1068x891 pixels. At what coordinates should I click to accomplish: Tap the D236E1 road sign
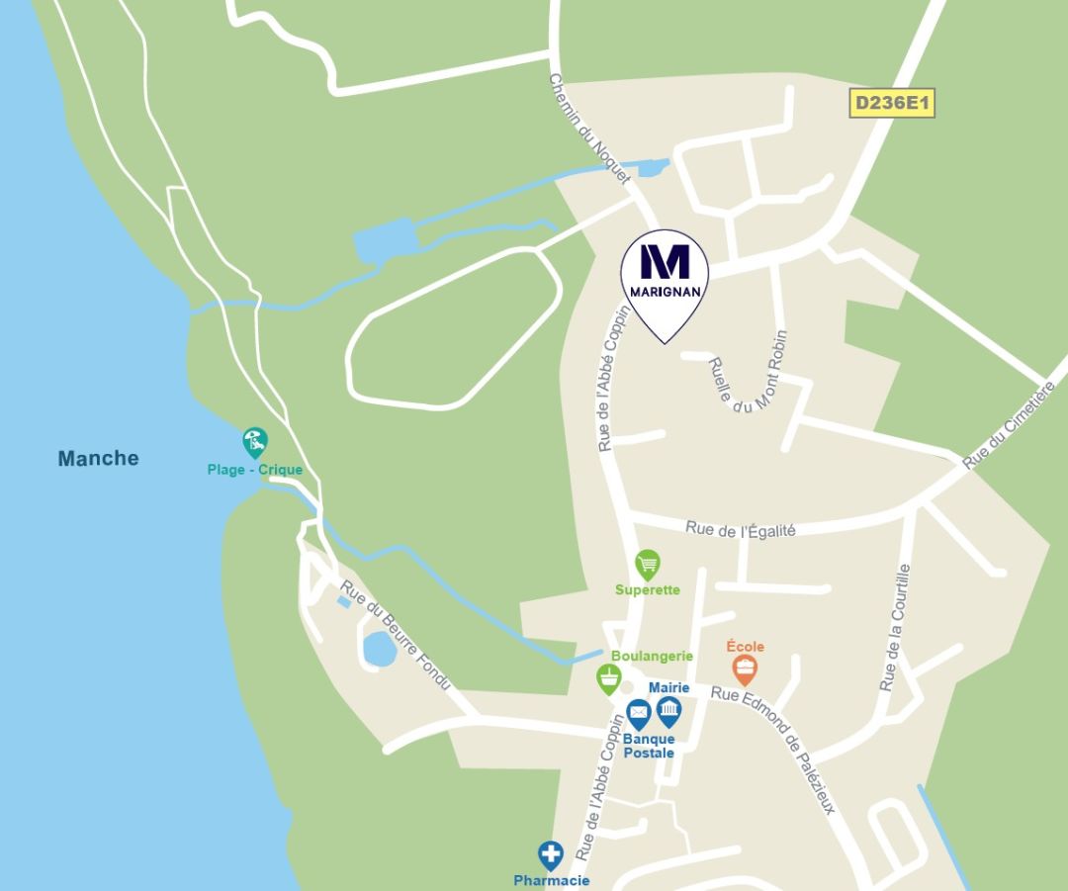pos(893,103)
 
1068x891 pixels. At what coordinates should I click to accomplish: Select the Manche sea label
pos(98,458)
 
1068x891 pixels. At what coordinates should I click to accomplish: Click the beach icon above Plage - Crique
pos(254,441)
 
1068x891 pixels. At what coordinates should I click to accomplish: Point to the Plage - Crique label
pos(255,470)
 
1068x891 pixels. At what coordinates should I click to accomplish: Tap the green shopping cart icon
pos(648,565)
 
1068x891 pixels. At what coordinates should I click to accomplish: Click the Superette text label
pos(648,590)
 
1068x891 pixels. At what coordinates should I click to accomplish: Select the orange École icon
pos(745,669)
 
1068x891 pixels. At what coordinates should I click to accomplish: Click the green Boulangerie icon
pos(609,678)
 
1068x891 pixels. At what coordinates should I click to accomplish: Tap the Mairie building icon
pos(669,711)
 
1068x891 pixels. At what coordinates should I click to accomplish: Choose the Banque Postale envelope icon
pos(639,712)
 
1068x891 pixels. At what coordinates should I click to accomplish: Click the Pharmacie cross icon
pos(551,854)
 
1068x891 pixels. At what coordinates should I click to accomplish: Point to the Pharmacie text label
pos(551,880)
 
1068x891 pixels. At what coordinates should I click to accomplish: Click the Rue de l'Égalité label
pos(741,529)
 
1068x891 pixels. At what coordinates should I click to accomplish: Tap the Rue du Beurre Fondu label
pos(396,634)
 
